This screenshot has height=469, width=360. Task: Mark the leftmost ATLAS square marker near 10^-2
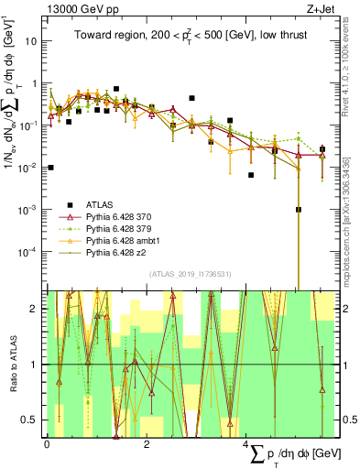tap(50, 168)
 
